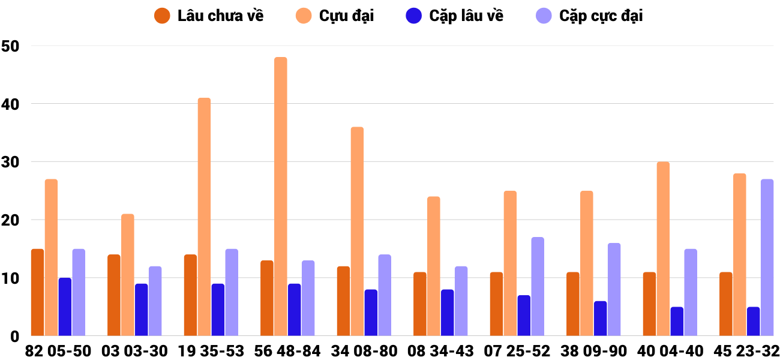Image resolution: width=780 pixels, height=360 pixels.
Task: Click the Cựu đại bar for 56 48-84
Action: click(x=281, y=197)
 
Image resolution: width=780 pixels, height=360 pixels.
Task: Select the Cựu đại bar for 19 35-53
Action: click(x=204, y=217)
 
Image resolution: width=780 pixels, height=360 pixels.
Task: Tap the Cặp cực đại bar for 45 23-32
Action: click(x=767, y=257)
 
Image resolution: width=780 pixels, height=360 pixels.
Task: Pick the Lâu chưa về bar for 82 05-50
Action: click(x=37, y=292)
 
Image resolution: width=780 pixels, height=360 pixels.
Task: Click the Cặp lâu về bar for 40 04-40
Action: click(x=677, y=321)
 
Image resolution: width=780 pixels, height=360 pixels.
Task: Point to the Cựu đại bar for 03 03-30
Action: click(x=128, y=275)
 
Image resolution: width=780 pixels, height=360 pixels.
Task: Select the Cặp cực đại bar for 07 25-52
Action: click(x=538, y=286)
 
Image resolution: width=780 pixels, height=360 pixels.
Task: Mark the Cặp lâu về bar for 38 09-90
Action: click(x=600, y=318)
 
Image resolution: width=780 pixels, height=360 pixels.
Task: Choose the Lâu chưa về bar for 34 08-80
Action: click(x=343, y=301)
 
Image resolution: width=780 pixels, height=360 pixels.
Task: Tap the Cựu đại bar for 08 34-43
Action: click(x=433, y=266)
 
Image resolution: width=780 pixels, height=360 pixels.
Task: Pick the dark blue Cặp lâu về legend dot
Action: click(x=413, y=16)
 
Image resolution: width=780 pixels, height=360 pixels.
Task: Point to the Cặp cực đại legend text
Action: click(x=601, y=16)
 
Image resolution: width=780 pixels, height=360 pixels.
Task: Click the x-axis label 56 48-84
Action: click(x=287, y=351)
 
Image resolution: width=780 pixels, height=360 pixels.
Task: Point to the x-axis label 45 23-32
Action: click(x=746, y=351)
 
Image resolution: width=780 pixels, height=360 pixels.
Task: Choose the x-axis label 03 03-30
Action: click(x=134, y=351)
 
